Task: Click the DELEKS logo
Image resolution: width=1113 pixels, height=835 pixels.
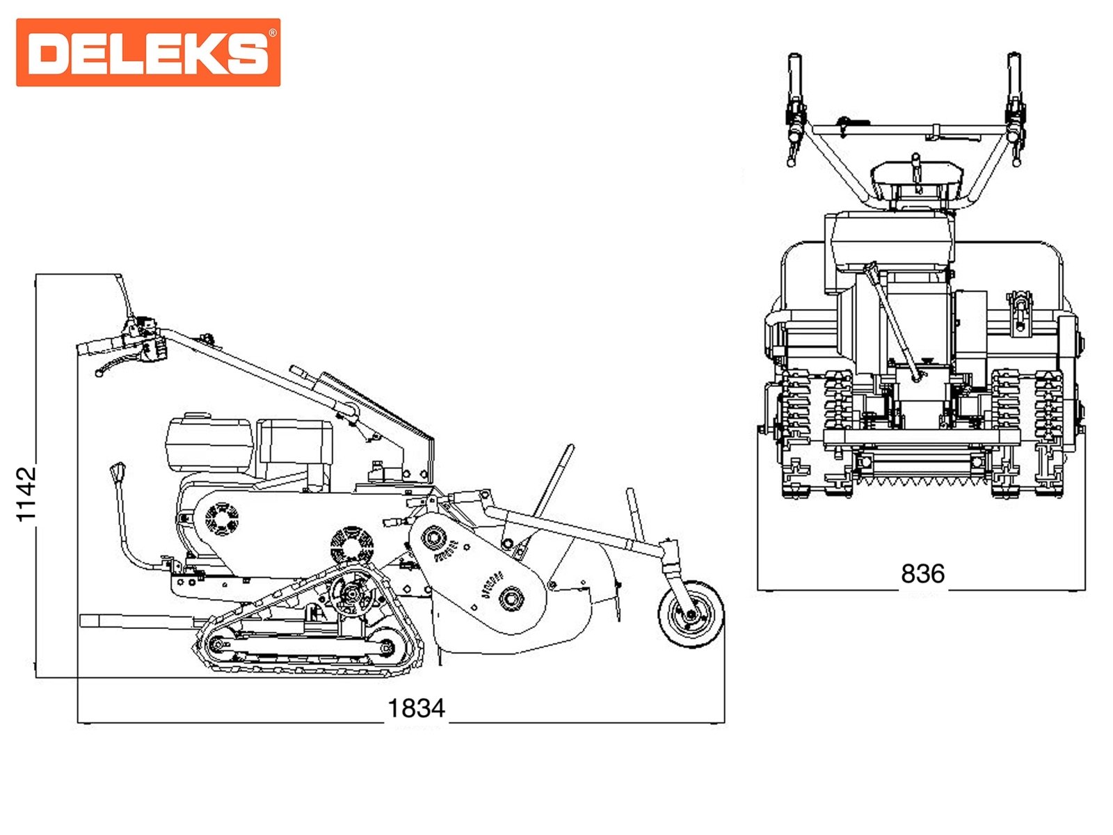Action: point(148,52)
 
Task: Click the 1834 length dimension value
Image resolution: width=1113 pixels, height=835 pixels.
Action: point(416,708)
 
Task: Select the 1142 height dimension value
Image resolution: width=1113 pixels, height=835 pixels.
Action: point(26,494)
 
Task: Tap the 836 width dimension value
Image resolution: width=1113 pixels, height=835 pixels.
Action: point(923,574)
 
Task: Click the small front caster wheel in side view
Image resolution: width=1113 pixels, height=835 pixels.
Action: point(691,614)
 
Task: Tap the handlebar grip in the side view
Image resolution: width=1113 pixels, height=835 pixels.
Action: point(99,346)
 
